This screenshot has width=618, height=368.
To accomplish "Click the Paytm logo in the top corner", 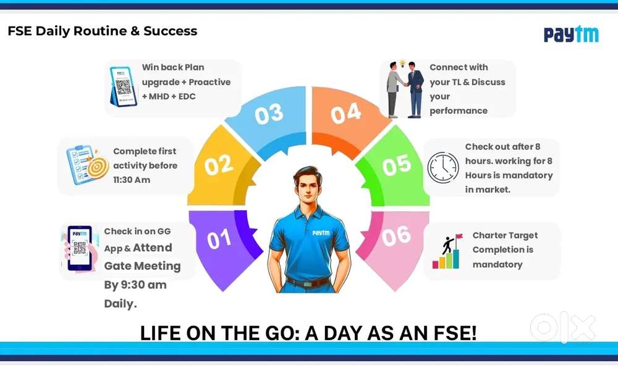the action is click(571, 34).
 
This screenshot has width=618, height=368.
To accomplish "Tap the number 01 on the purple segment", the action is click(219, 240).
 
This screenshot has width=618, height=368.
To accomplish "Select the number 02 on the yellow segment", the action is click(219, 164).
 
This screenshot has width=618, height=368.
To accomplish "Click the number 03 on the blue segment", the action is click(269, 114).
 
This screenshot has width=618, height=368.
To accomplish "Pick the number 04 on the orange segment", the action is click(345, 113).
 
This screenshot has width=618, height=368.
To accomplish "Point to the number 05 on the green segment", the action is click(397, 164).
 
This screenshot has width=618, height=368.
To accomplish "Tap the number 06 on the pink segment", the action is click(396, 236).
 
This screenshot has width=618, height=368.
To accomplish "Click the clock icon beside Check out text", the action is click(443, 167).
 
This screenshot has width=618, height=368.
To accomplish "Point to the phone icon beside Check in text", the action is click(79, 248).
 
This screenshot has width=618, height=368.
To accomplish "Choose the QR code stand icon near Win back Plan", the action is click(124, 86).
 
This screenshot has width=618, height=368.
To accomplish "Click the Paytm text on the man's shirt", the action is click(321, 233).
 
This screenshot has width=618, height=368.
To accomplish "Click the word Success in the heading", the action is click(171, 31).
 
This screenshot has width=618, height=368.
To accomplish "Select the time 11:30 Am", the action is click(132, 180).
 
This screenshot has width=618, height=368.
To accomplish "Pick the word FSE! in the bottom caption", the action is click(455, 333).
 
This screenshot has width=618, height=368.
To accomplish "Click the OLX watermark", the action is click(563, 327).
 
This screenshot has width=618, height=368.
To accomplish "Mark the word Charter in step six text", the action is click(489, 235).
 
